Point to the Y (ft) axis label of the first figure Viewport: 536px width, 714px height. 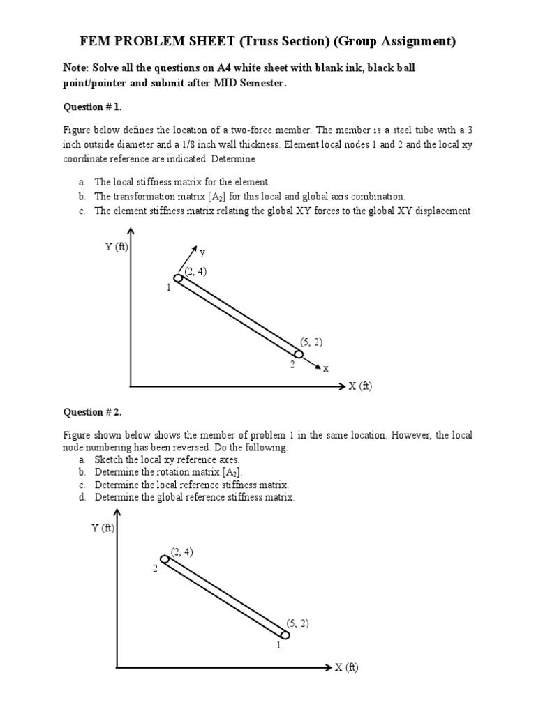[x=117, y=247]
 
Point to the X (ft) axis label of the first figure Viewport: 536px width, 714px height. [x=360, y=386]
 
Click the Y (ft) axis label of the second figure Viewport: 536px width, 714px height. [x=103, y=528]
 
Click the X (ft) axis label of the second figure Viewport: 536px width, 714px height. [x=346, y=667]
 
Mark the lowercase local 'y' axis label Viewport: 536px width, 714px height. [x=202, y=252]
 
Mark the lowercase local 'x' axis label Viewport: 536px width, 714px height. [x=325, y=368]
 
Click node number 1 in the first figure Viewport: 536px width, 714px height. [x=169, y=287]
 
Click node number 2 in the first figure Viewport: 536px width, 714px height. [x=292, y=365]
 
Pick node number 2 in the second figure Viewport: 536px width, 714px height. [x=156, y=569]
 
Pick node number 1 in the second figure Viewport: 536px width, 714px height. [x=278, y=645]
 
